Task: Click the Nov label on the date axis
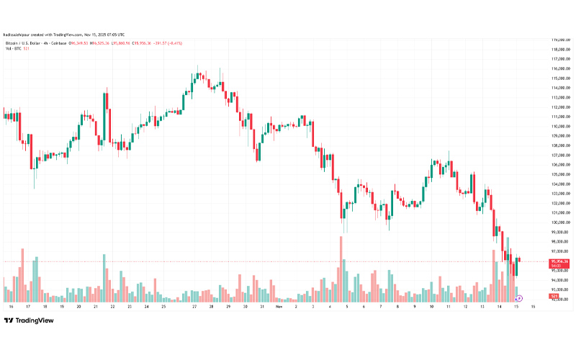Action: click(279, 306)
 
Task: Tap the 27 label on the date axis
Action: click(194, 306)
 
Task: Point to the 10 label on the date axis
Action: click(431, 306)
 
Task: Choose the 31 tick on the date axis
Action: click(261, 306)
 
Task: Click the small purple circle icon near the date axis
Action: click(519, 297)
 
